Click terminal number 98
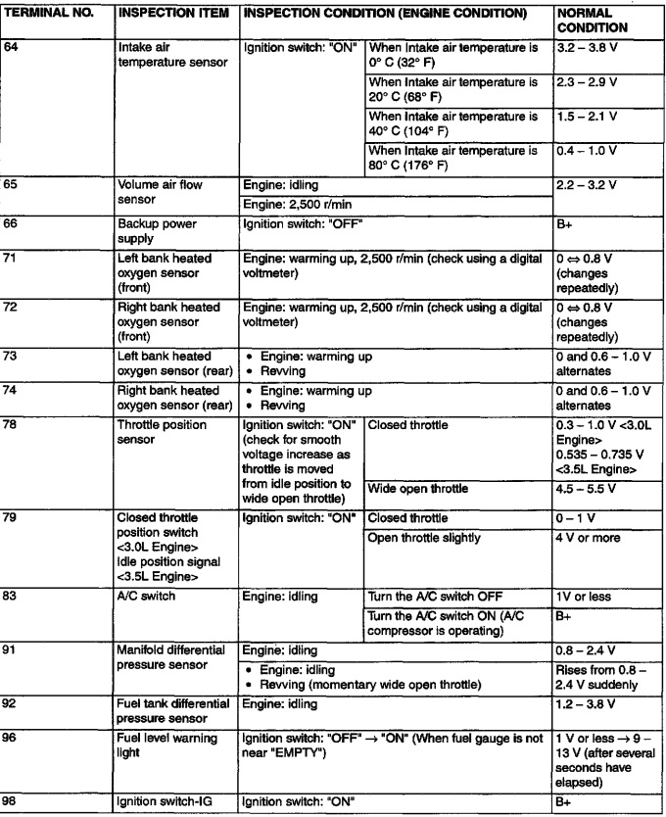click(x=15, y=803)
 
